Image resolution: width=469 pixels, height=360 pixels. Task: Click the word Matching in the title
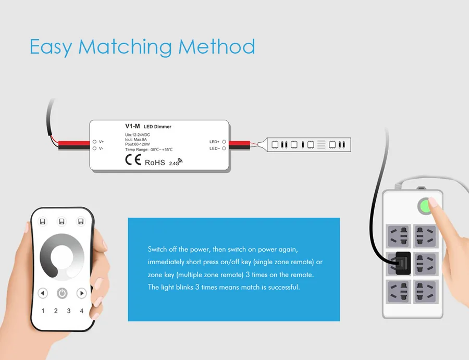[125, 47]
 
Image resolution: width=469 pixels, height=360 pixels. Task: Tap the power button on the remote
[62, 293]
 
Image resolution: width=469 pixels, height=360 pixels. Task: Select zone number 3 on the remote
[69, 311]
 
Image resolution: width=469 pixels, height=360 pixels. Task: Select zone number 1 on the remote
[43, 311]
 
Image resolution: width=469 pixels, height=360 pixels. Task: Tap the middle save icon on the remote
[61, 221]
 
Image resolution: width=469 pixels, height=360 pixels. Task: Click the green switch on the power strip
[425, 206]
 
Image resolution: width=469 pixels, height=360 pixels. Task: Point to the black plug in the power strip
[403, 263]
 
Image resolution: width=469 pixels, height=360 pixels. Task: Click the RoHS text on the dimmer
[155, 163]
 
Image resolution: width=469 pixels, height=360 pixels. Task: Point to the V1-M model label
[132, 126]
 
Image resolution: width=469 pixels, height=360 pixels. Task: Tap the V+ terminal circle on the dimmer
[94, 142]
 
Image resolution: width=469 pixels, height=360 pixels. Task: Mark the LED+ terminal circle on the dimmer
[224, 142]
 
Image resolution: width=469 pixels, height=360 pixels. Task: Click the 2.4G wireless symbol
[176, 162]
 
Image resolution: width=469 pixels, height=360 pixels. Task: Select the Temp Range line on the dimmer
[149, 150]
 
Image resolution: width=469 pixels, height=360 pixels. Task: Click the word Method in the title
[217, 47]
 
